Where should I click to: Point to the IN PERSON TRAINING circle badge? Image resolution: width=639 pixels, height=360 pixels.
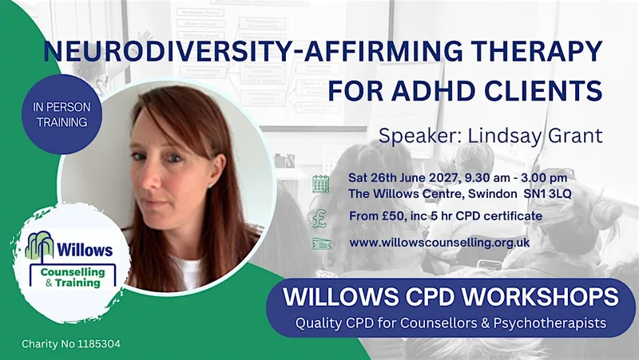(62, 114)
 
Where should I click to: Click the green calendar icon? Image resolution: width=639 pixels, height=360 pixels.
(321, 184)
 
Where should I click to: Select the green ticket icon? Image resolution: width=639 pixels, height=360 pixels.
(322, 243)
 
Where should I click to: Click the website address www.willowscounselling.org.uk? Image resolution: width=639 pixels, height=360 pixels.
(439, 243)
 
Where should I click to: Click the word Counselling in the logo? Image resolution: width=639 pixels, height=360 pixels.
(73, 271)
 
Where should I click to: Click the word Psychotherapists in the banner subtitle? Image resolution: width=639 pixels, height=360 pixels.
(550, 323)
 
